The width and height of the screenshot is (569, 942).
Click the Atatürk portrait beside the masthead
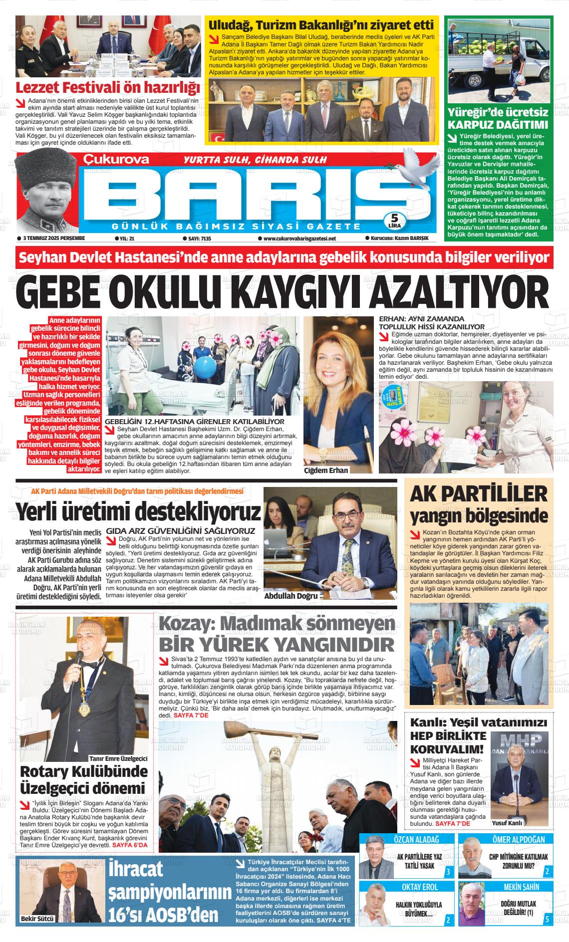pyautogui.click(x=47, y=192)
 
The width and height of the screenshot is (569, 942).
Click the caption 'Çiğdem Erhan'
pyautogui.click(x=326, y=470)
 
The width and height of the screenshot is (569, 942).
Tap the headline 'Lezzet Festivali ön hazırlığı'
pyautogui.click(x=108, y=87)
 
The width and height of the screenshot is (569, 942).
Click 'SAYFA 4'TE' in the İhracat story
pyautogui.click(x=334, y=920)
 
